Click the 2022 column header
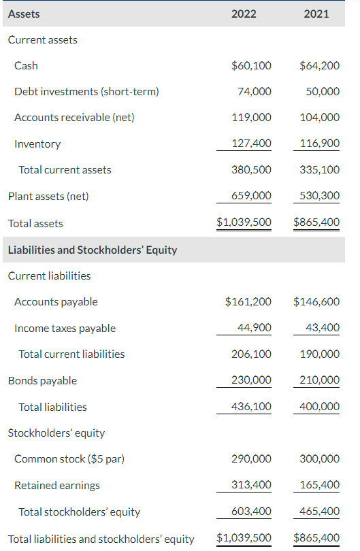[x=244, y=14]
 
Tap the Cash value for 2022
[x=251, y=66]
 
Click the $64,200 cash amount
[x=319, y=66]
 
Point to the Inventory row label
[x=37, y=144]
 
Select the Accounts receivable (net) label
[x=74, y=118]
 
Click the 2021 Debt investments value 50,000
[x=323, y=92]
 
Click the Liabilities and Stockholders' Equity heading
[x=93, y=250]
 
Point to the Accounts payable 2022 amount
[x=248, y=302]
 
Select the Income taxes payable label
[x=65, y=329]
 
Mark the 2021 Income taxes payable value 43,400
[x=323, y=328]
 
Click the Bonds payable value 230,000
[x=251, y=381]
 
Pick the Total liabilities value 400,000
[x=320, y=407]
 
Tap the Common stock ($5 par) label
[x=69, y=459]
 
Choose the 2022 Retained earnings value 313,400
[x=252, y=485]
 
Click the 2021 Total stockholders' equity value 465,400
[x=320, y=512]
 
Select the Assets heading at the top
[x=24, y=14]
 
